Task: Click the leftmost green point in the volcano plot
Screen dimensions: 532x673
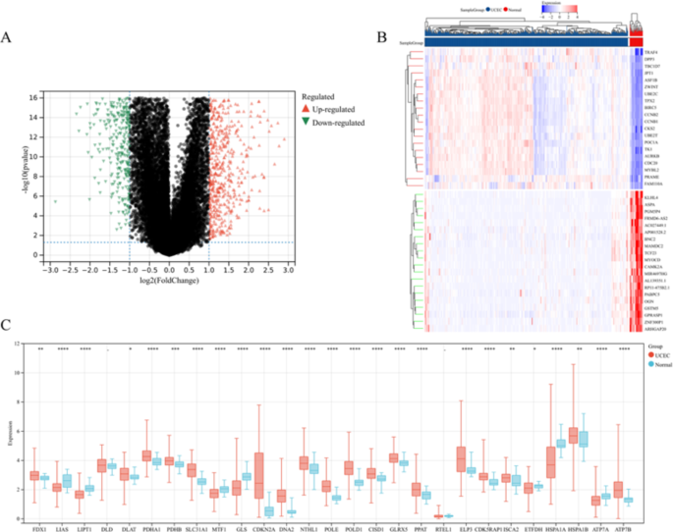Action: (x=55, y=202)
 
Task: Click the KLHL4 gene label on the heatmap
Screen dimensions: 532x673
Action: (x=650, y=197)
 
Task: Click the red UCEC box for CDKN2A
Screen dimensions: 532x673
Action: (x=259, y=474)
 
